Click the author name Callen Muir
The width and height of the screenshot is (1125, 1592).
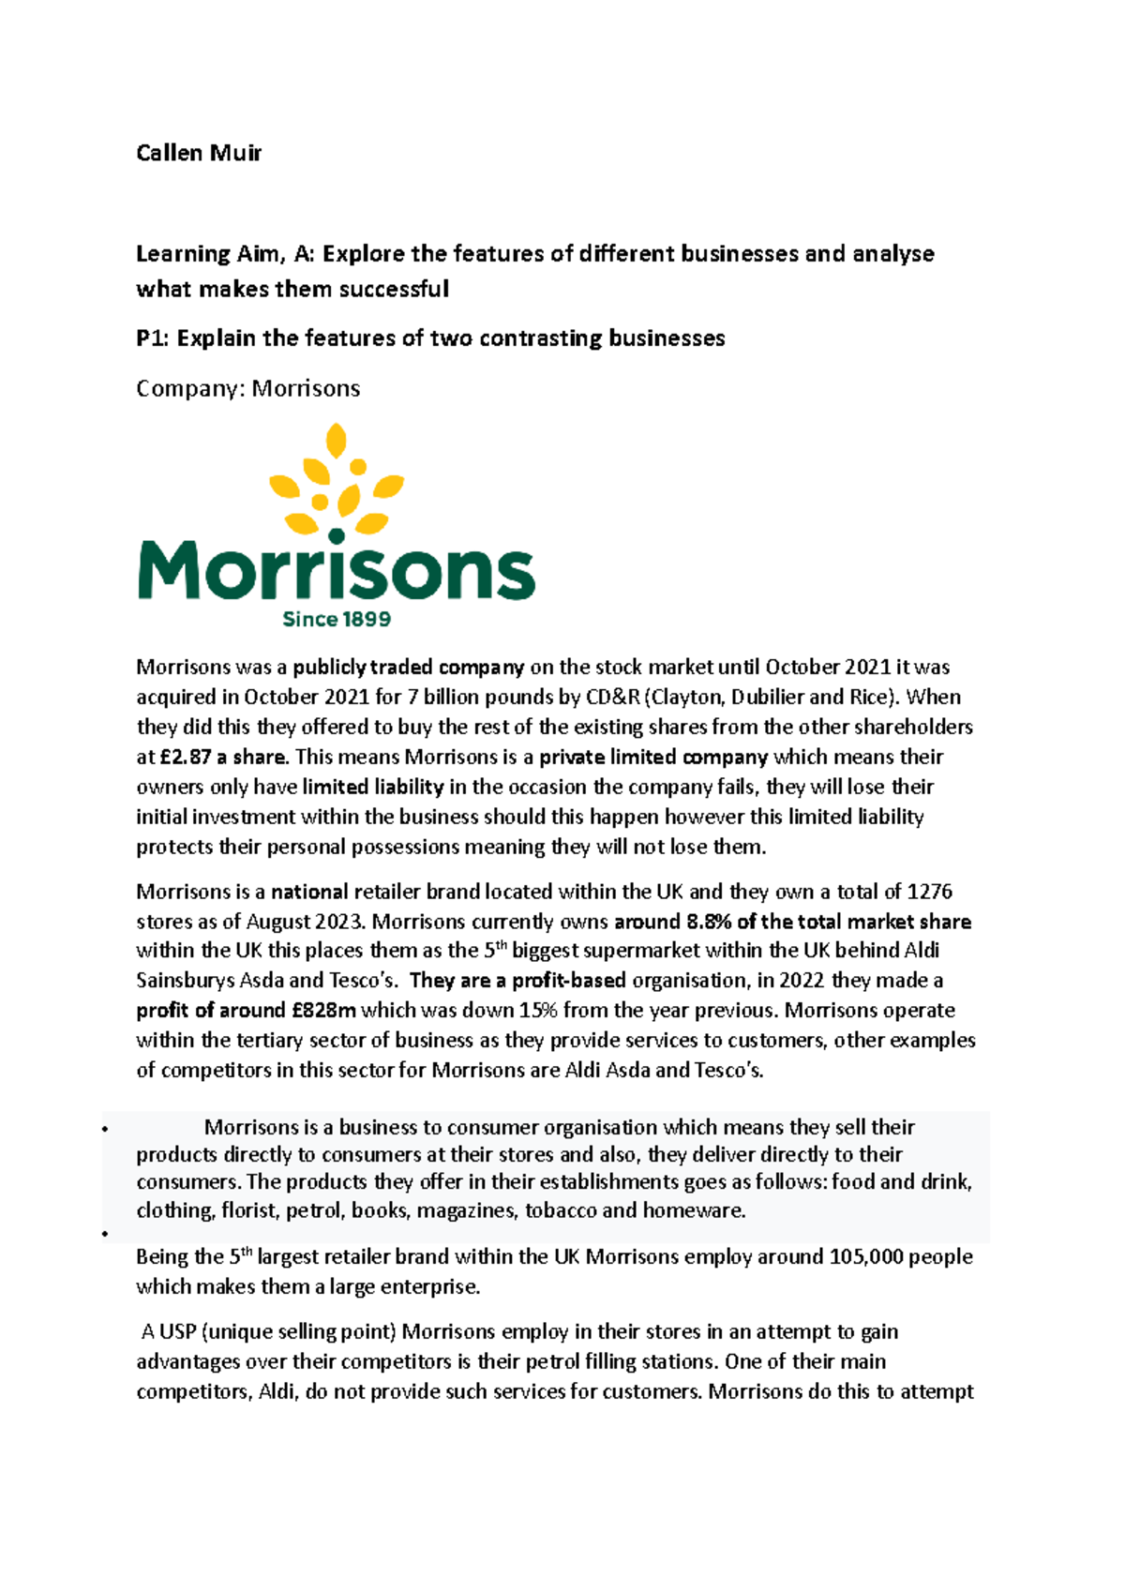[199, 153]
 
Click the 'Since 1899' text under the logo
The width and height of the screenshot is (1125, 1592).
[337, 619]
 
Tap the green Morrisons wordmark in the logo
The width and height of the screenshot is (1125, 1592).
[337, 570]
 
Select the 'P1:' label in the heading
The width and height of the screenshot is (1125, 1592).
[154, 338]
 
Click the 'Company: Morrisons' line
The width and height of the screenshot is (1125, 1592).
[247, 388]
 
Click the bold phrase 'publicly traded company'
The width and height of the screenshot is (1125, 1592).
[408, 668]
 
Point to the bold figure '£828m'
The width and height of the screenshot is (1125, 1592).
[323, 1011]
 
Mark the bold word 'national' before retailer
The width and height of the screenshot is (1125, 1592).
[309, 892]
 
